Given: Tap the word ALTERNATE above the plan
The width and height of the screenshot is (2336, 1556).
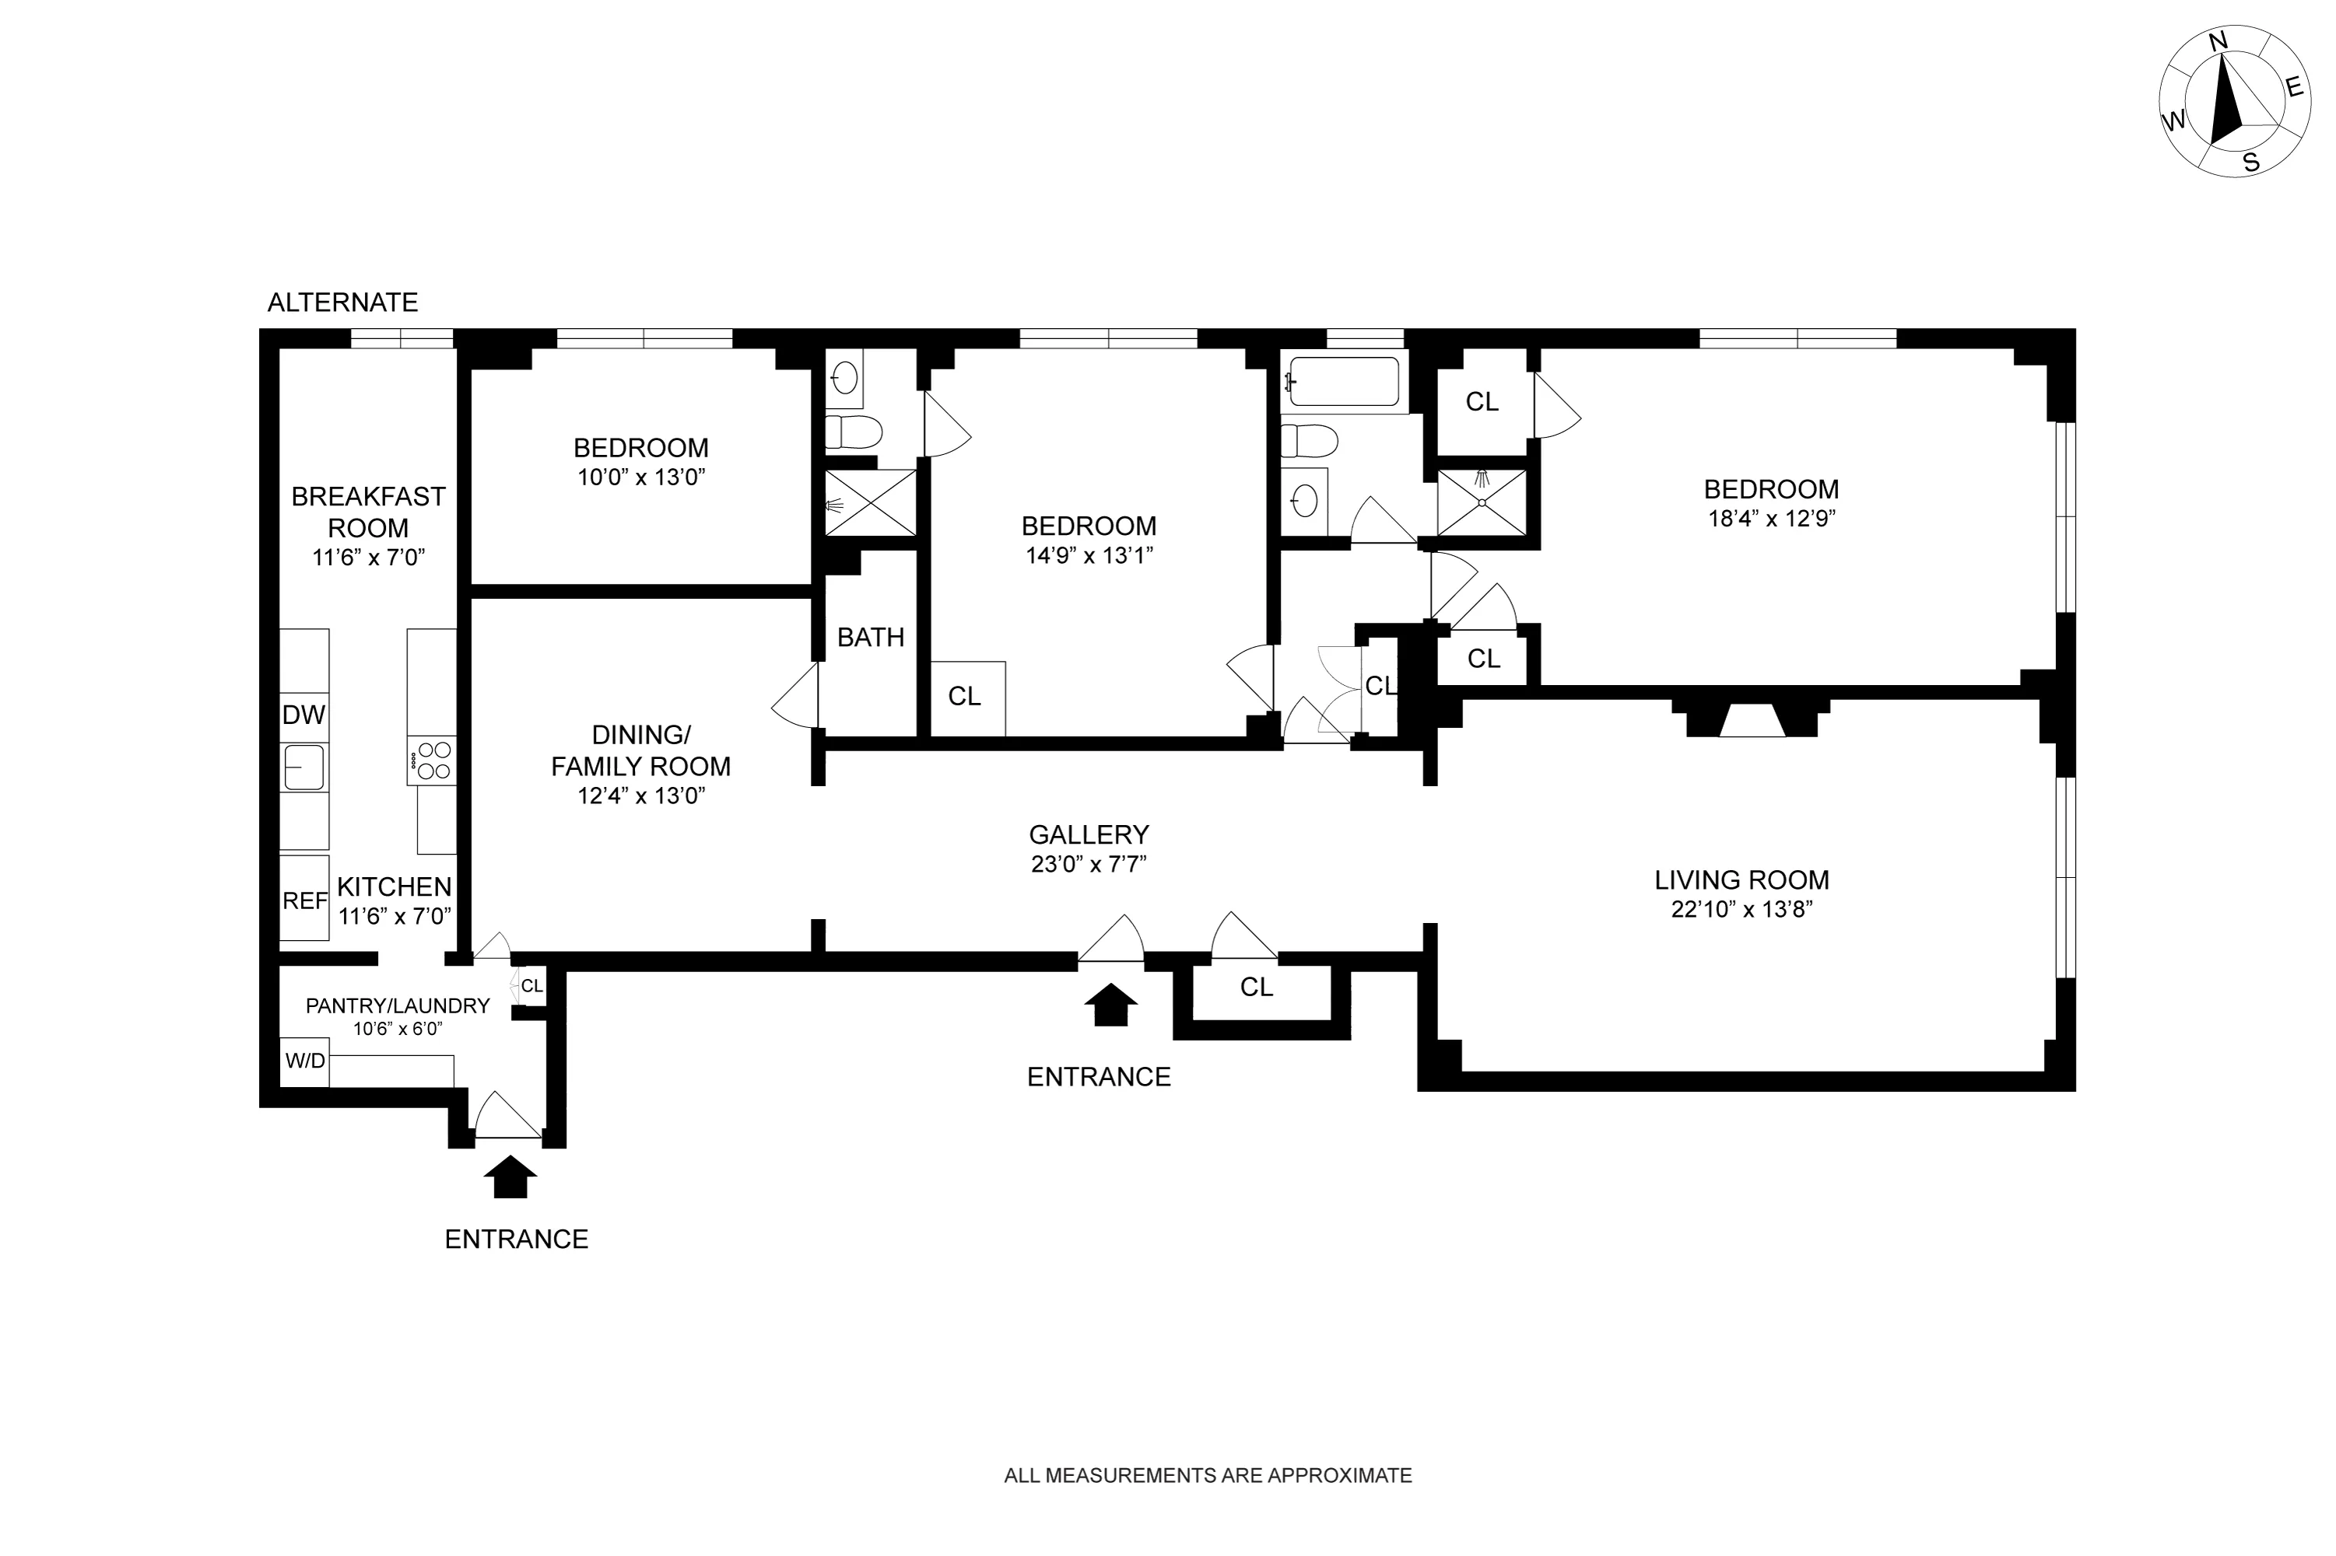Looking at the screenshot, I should pyautogui.click(x=342, y=302).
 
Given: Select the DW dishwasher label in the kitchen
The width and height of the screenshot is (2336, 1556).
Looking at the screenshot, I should pyautogui.click(x=303, y=715).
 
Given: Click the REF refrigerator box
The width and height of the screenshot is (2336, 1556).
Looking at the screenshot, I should pyautogui.click(x=303, y=900).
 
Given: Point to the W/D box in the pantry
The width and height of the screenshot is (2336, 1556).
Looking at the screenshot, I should pyautogui.click(x=305, y=1061).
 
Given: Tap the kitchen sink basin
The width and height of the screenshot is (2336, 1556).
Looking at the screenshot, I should pyautogui.click(x=303, y=767).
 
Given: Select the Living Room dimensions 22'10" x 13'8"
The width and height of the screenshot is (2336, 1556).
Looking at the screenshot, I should pyautogui.click(x=1741, y=909).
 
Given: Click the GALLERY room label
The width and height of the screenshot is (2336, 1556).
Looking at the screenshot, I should pyautogui.click(x=1088, y=834).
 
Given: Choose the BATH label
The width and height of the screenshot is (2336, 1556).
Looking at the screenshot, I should pyautogui.click(x=871, y=637).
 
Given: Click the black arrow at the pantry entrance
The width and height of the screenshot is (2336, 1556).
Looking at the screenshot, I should pyautogui.click(x=510, y=1177).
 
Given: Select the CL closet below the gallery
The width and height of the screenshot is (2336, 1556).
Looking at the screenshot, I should pyautogui.click(x=1256, y=988).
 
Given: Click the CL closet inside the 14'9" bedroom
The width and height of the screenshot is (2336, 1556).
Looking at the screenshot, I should pyautogui.click(x=964, y=697).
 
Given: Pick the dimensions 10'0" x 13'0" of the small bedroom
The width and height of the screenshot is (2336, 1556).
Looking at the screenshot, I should pyautogui.click(x=641, y=477).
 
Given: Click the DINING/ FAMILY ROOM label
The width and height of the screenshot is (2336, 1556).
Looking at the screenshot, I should pyautogui.click(x=640, y=750).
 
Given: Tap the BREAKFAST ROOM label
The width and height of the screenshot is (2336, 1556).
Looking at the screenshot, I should pyautogui.click(x=368, y=512).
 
